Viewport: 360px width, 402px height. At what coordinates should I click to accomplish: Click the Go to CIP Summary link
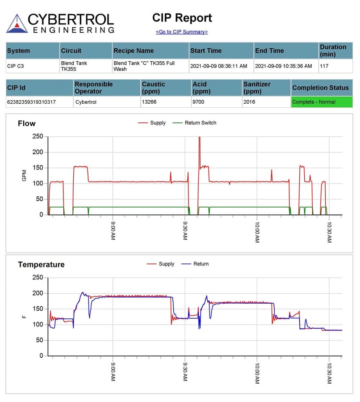tap(181, 32)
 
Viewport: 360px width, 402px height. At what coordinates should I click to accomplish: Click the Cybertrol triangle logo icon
tap(17, 23)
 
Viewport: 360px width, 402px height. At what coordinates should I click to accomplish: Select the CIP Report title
tap(182, 18)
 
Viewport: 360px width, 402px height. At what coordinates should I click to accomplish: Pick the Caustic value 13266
tap(149, 102)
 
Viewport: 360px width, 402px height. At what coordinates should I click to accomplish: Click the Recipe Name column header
tap(133, 51)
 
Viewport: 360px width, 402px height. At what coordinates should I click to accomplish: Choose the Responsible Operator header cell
tap(94, 88)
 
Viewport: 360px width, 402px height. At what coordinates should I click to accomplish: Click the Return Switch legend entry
tap(194, 123)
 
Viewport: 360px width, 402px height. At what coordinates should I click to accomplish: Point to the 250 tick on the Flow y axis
tap(38, 136)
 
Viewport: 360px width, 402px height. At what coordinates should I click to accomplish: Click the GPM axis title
tap(24, 175)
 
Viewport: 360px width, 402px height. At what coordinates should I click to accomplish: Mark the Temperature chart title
tap(41, 265)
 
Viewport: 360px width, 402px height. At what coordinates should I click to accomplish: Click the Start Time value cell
tap(218, 66)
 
